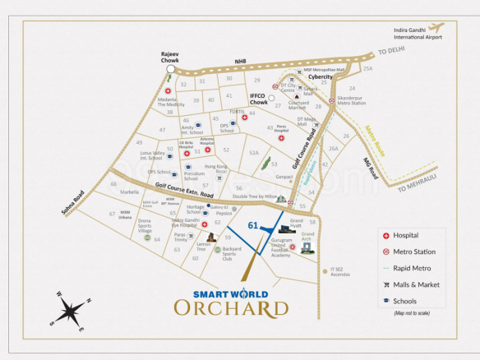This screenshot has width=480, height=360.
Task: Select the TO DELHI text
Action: pos(393,52)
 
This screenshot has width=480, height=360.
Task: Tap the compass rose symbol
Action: pos(71,313)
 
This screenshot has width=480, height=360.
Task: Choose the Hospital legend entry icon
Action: pos(386,235)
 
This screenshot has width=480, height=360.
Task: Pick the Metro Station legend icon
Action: pos(386,252)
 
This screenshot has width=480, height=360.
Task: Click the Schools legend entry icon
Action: pos(386,302)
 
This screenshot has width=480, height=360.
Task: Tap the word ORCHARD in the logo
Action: pos(231,308)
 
